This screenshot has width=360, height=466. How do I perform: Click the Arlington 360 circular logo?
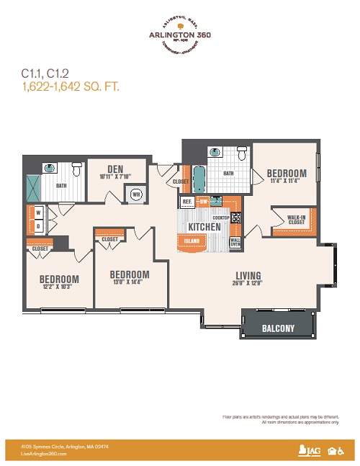pos(180,35)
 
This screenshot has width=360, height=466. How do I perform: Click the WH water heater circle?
pos(135,193)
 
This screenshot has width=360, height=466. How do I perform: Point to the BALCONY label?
pos(278,328)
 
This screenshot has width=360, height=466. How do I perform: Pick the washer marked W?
pos(37,213)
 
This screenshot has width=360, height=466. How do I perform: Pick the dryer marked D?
pos(37,226)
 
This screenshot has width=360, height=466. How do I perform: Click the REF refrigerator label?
pos(186,202)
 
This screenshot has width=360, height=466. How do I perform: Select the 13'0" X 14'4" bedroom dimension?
pos(130,283)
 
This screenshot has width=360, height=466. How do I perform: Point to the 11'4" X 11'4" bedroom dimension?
pos(287,182)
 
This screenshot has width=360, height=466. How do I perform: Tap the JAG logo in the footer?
pos(305,451)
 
